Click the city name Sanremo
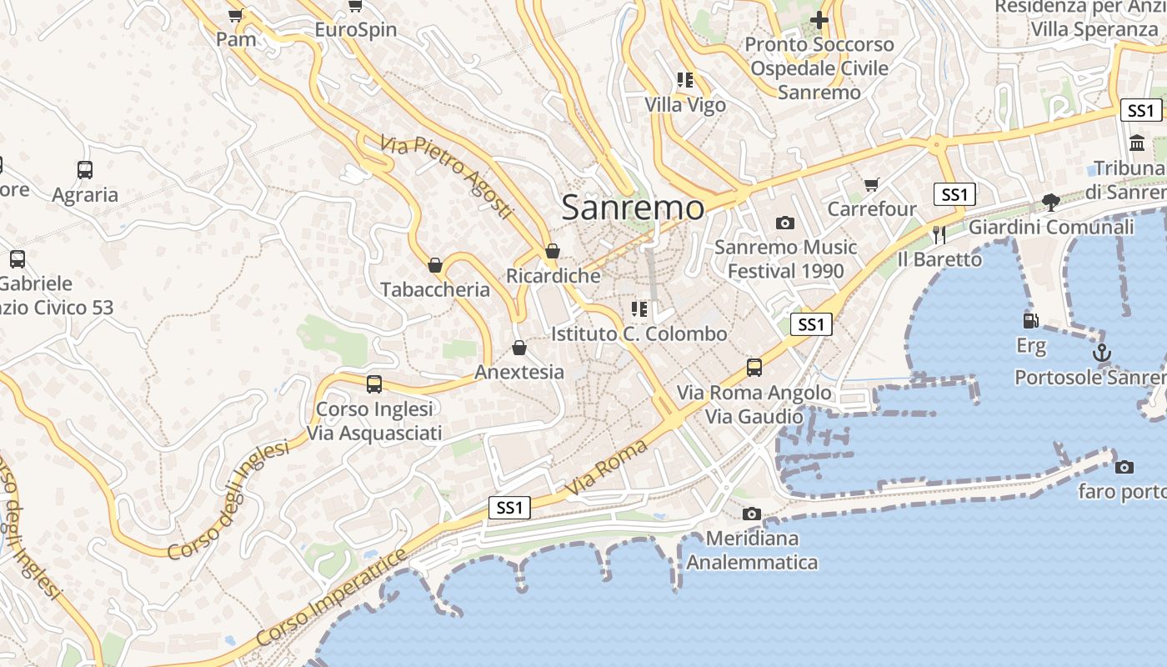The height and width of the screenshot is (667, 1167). point(633,207)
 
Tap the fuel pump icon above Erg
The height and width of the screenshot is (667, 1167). point(1031,320)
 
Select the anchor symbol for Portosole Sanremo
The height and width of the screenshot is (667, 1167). point(1102,353)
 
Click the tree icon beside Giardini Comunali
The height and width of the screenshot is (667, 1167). point(1050,201)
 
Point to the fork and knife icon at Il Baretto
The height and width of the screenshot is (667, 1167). point(939,234)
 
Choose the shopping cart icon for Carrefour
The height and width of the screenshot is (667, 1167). point(872,183)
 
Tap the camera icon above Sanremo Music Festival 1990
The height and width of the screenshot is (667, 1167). point(784,223)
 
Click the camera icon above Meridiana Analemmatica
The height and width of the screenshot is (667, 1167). point(752,514)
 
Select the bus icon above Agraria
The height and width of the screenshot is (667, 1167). point(85,170)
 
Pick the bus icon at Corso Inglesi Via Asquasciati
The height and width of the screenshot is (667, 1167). point(374,384)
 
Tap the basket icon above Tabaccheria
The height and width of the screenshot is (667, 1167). point(435,265)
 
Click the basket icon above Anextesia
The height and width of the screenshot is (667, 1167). point(519,347)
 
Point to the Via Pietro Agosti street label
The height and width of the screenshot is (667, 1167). point(446,177)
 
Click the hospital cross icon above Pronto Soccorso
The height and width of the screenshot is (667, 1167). point(819,19)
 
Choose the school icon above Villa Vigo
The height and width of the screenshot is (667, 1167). point(685,80)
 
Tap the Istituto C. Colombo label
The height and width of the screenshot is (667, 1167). point(639,333)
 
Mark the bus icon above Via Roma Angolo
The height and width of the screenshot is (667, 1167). point(754,367)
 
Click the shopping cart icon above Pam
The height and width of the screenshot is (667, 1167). point(236,14)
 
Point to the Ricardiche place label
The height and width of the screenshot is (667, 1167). point(553,275)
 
